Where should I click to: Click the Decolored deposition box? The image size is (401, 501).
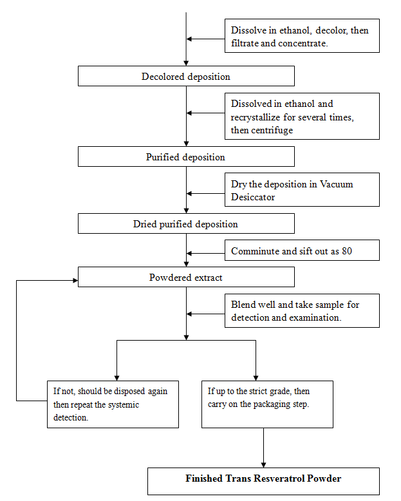[186, 76]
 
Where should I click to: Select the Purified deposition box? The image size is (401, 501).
[186, 156]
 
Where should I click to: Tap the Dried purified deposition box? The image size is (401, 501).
[186, 223]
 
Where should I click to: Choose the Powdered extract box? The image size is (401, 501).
[186, 277]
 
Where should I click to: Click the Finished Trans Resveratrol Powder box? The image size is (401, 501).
[263, 482]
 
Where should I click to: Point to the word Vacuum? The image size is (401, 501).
[337, 184]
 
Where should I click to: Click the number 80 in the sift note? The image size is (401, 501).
[347, 251]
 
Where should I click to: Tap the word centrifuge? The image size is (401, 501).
[272, 130]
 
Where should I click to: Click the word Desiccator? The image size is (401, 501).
[253, 197]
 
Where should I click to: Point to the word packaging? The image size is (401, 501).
[272, 404]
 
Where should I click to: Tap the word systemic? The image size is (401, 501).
[124, 405]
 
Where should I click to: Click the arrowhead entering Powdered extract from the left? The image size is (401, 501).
[75, 281]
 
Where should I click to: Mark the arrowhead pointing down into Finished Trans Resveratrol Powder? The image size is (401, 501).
[263, 465]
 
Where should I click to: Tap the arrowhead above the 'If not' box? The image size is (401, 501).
[117, 378]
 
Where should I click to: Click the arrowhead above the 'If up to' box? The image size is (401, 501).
[256, 378]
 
